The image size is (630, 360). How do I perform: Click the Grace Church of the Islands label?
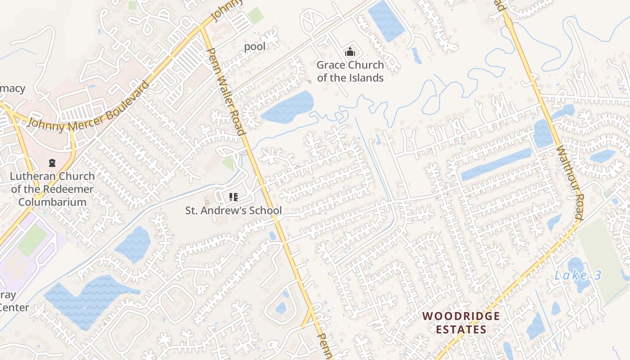pyautogui.click(x=350, y=71)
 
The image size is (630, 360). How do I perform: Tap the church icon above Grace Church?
pyautogui.click(x=350, y=52)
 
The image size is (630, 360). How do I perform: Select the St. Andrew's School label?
pyautogui.click(x=234, y=210)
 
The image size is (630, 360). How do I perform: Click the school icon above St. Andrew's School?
pyautogui.click(x=233, y=197)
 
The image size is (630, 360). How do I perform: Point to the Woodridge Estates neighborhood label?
pyautogui.click(x=462, y=323)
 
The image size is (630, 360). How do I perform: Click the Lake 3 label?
pyautogui.click(x=578, y=275)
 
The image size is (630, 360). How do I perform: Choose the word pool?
pyautogui.click(x=255, y=46)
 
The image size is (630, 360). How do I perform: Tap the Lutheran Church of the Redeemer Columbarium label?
pyautogui.click(x=53, y=189)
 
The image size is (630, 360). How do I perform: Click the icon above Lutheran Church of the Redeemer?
pyautogui.click(x=52, y=162)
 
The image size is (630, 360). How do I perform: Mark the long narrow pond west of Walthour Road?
pyautogui.click(x=496, y=164)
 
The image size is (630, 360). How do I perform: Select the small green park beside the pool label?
pyautogui.click(x=255, y=16)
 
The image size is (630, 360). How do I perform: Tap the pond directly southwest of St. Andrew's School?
pyautogui.click(x=133, y=244)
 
